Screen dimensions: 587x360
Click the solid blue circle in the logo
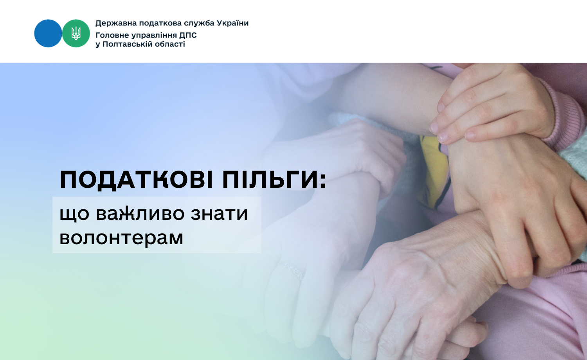(x=48, y=33)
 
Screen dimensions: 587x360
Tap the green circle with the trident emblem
(x=76, y=33)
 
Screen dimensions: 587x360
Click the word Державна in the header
(x=116, y=23)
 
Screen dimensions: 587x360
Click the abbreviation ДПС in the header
(x=188, y=36)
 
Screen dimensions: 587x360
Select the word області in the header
(x=170, y=44)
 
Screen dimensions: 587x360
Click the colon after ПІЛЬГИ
(x=323, y=181)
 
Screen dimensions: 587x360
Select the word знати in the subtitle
(x=219, y=214)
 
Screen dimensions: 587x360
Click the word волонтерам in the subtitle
(x=121, y=238)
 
